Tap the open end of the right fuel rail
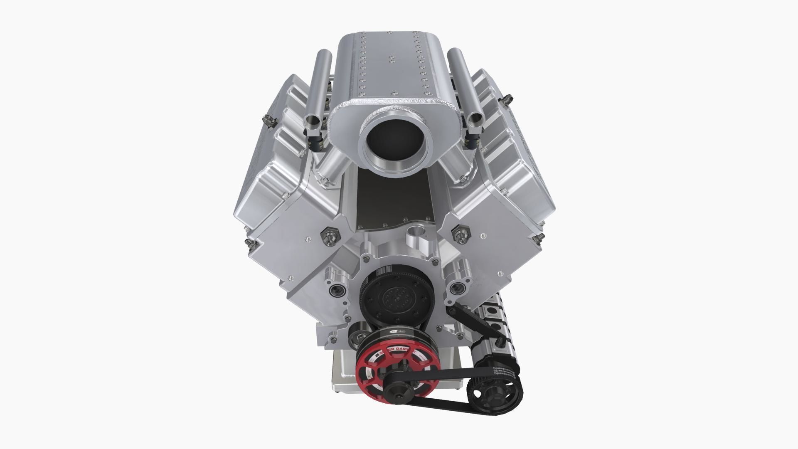pos(474,121)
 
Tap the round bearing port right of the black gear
pos(457,287)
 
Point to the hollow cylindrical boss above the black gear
pos(415,231)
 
